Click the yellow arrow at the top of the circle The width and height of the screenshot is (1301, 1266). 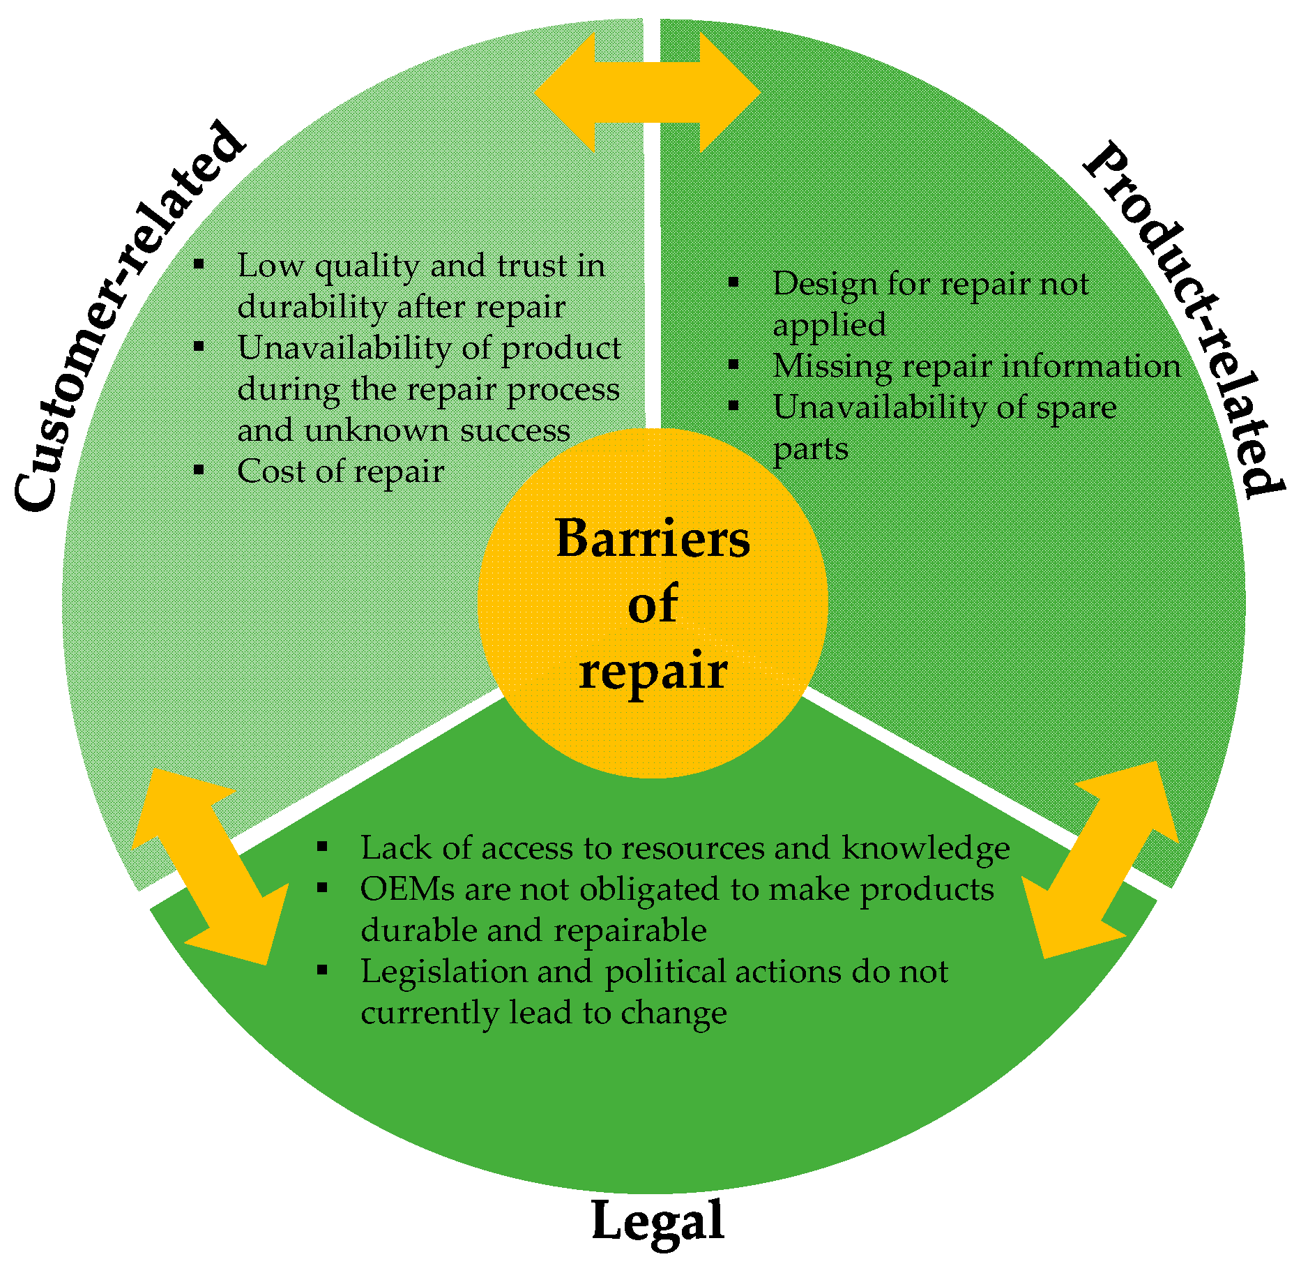tap(647, 93)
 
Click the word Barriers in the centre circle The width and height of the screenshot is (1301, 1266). tap(653, 539)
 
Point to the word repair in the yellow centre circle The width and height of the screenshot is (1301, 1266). tap(653, 671)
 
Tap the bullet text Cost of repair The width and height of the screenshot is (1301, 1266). tap(340, 472)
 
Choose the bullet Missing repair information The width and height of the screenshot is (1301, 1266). tap(976, 366)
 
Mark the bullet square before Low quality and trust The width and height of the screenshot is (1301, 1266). tap(199, 264)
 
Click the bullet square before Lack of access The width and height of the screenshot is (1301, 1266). tap(322, 847)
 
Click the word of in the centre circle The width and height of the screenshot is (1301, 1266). tap(653, 605)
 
